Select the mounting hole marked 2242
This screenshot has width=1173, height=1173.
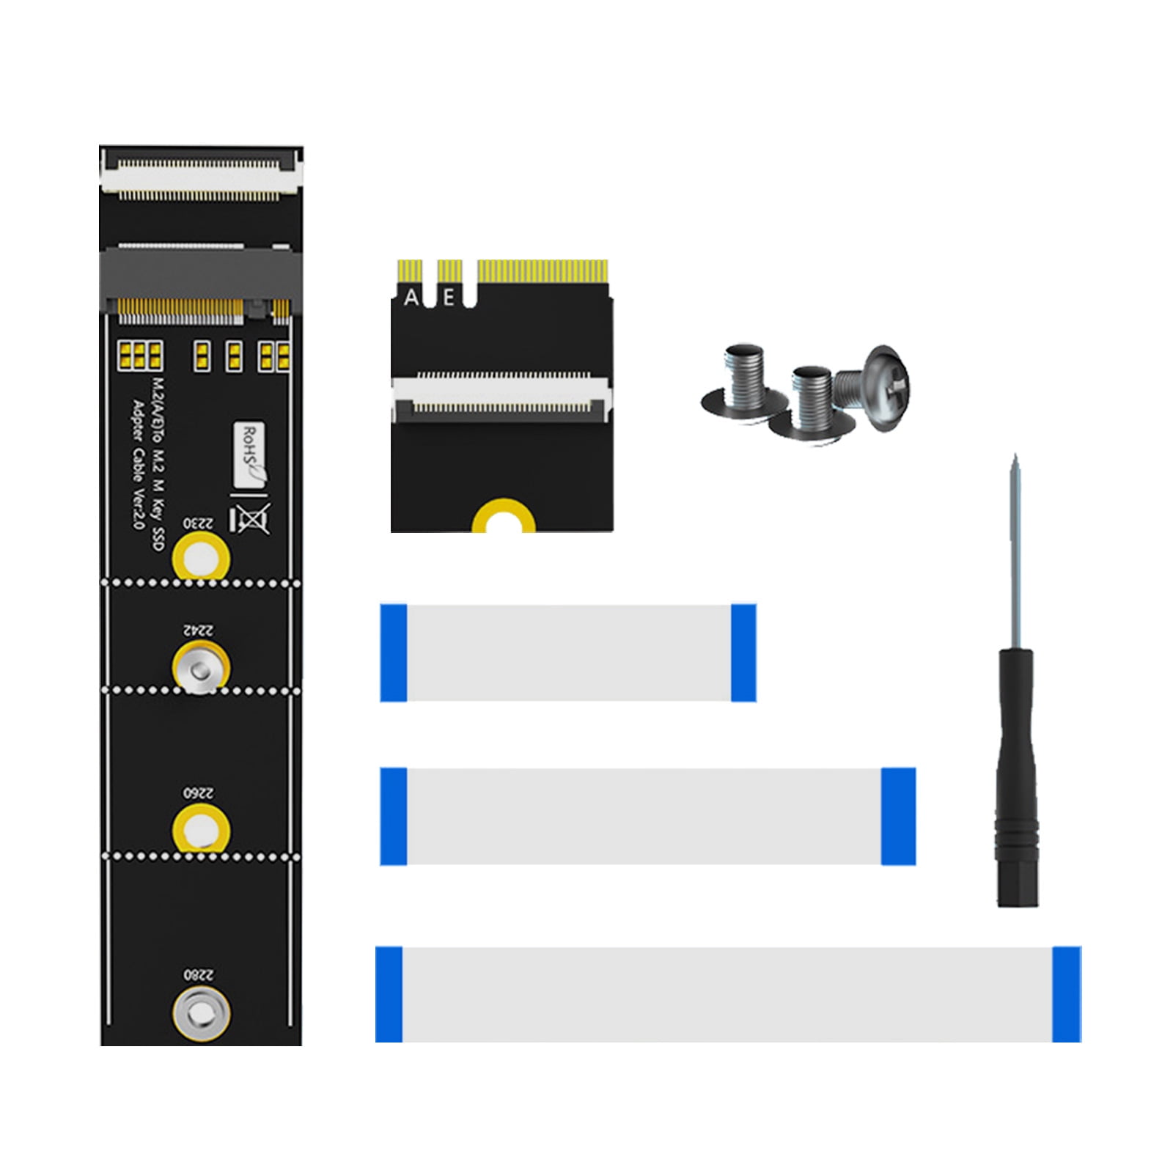[201, 668]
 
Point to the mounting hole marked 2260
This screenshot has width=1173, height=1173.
[201, 831]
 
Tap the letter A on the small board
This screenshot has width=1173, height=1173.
[411, 298]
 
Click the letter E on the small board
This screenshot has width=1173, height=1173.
[449, 298]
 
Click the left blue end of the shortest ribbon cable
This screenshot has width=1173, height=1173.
[394, 652]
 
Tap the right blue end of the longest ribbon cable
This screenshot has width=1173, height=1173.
[1066, 994]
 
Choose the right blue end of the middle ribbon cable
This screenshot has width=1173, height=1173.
[898, 816]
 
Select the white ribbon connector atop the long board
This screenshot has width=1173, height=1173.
[201, 177]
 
